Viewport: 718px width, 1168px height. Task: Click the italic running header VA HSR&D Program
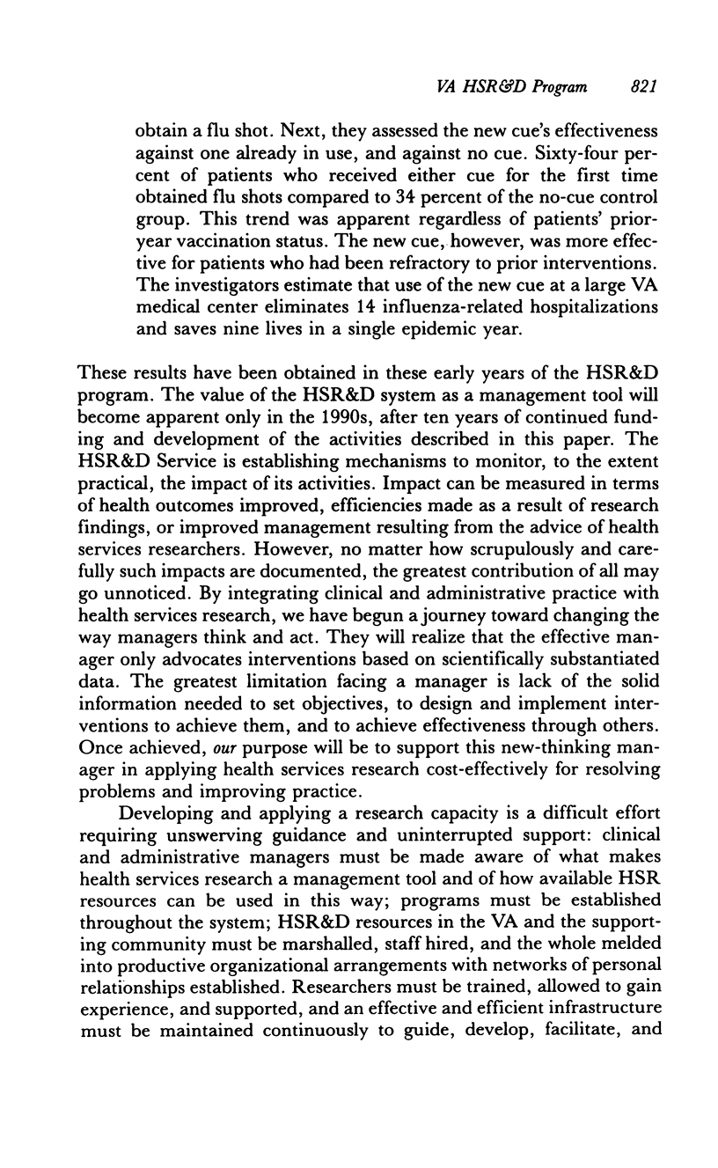(512, 86)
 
